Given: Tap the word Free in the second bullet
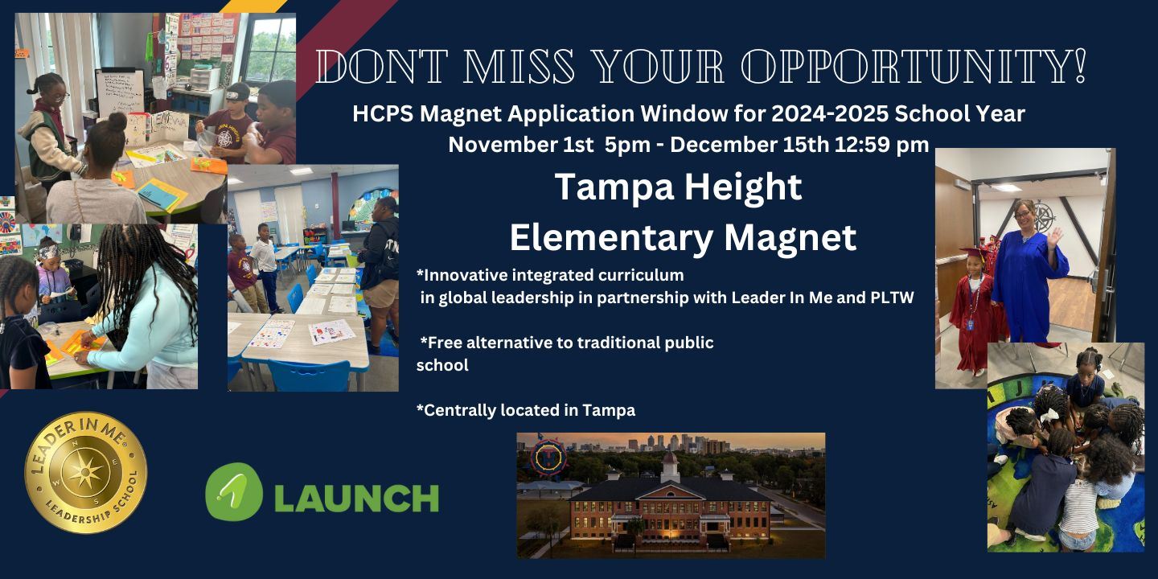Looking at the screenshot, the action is pyautogui.click(x=444, y=343).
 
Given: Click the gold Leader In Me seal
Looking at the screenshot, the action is pyautogui.click(x=86, y=473).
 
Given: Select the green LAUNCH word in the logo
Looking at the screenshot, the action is pyautogui.click(x=356, y=498).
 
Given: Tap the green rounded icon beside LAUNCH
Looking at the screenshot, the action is pyautogui.click(x=234, y=491).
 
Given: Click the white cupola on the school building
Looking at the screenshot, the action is pyautogui.click(x=670, y=466).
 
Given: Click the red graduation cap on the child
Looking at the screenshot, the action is pyautogui.click(x=972, y=253).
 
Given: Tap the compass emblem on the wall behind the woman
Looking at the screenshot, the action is pyautogui.click(x=1043, y=216).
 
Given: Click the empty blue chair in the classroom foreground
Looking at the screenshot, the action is pyautogui.click(x=309, y=375).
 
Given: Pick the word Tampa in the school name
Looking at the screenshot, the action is pyautogui.click(x=614, y=187).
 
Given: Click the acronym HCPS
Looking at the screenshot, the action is pyautogui.click(x=383, y=113).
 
